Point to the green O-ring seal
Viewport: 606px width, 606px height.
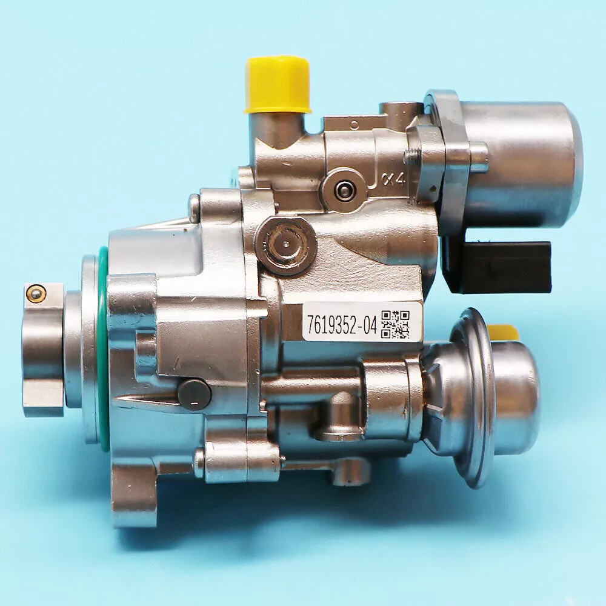[x=102, y=339]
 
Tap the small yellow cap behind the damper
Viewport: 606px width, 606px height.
[x=502, y=332]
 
